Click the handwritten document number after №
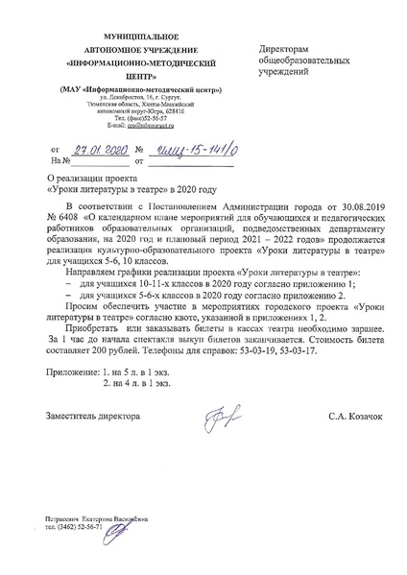coord(189,148)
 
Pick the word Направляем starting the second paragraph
coord(89,273)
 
